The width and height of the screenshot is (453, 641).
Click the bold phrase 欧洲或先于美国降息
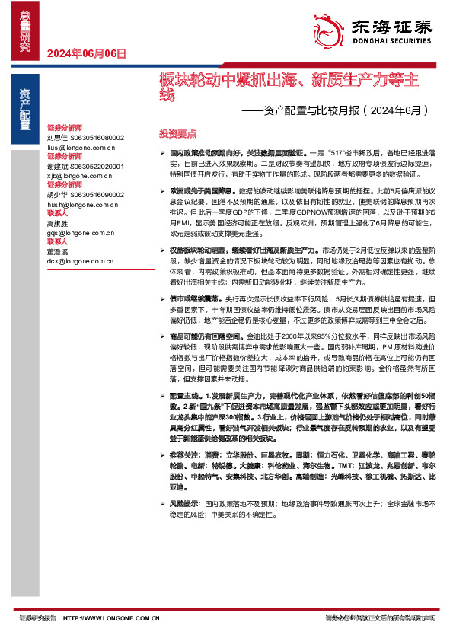(192, 188)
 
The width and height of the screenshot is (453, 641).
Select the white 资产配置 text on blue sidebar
(25, 106)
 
